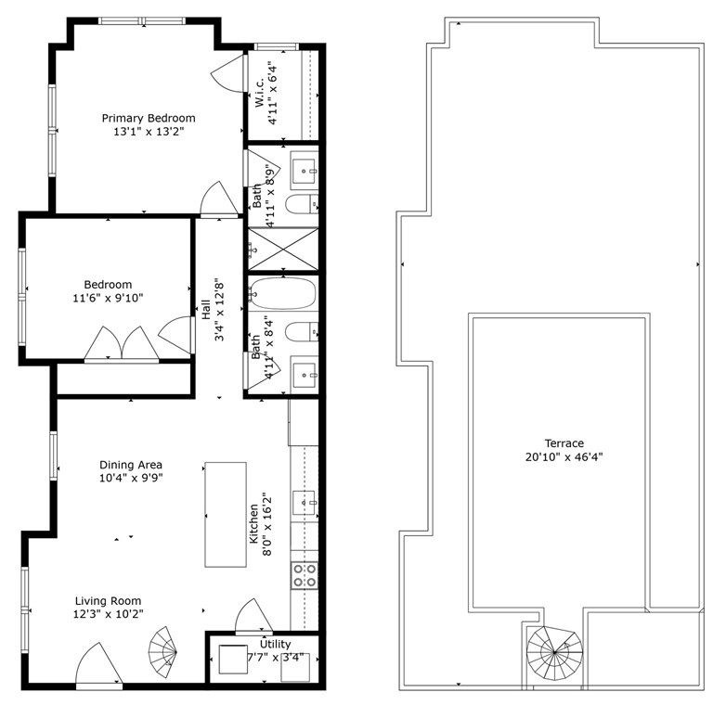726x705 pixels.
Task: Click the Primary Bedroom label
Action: click(149, 119)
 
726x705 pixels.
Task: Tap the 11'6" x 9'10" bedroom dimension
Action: click(108, 298)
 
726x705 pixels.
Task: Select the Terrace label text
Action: click(564, 443)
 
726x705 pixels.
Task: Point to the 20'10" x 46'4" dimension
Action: click(564, 457)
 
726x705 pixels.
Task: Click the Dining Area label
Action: click(131, 465)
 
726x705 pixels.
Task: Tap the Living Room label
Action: click(109, 601)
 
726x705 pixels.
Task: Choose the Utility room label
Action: click(275, 644)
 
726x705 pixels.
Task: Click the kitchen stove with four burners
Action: click(305, 575)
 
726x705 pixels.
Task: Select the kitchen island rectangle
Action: click(226, 514)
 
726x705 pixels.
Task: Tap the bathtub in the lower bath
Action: click(282, 293)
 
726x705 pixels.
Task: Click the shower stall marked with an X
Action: click(283, 249)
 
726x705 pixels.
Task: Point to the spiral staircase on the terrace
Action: click(554, 653)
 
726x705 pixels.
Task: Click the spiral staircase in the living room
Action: click(163, 652)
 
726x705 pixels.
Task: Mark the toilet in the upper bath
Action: click(302, 204)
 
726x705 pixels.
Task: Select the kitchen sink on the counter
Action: click(305, 503)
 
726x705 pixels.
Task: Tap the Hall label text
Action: click(206, 310)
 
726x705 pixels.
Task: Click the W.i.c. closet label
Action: click(259, 93)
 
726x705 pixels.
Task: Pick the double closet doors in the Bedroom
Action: click(122, 343)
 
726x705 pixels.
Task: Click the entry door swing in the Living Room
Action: click(99, 663)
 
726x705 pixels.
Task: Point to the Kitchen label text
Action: click(253, 524)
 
